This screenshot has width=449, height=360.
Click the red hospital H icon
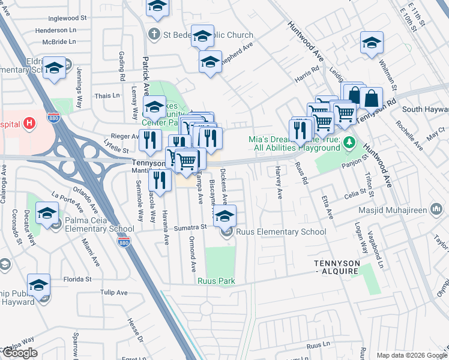pyautogui.click(x=29, y=124)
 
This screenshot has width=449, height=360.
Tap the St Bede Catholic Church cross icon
pyautogui.click(x=154, y=34)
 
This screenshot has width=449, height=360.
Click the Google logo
pyautogui.click(x=20, y=353)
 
